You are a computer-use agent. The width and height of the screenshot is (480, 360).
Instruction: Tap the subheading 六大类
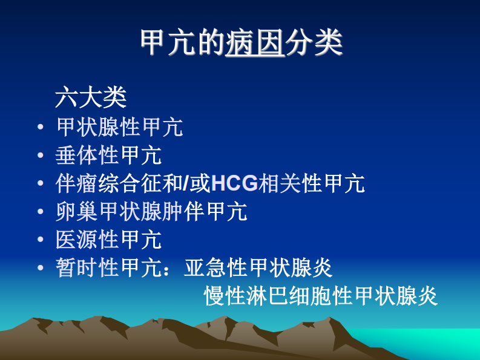pyautogui.click(x=90, y=97)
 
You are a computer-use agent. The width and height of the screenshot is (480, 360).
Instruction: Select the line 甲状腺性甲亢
pyautogui.click(x=119, y=127)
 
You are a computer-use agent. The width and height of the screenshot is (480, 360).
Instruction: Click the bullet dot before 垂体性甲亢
pyautogui.click(x=40, y=155)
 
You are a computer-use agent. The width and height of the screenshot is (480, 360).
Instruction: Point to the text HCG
pyautogui.click(x=235, y=183)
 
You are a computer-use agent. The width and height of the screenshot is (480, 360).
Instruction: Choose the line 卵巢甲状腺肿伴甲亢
pyautogui.click(x=151, y=212)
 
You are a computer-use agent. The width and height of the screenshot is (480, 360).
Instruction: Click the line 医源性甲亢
pyautogui.click(x=108, y=240)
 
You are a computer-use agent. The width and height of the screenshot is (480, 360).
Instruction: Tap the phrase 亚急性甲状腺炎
pyautogui.click(x=258, y=268)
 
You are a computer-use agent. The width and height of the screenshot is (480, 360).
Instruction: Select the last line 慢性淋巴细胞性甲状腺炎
pyautogui.click(x=321, y=296)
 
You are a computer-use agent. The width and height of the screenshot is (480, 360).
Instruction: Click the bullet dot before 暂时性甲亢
pyautogui.click(x=40, y=268)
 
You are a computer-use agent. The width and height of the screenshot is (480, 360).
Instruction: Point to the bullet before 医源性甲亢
pyautogui.click(x=40, y=240)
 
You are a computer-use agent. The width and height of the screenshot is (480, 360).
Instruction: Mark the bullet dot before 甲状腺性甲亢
pyautogui.click(x=40, y=128)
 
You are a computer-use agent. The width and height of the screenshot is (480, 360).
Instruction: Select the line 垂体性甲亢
pyautogui.click(x=108, y=155)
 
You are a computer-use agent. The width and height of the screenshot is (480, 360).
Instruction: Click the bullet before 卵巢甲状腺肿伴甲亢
pyautogui.click(x=40, y=212)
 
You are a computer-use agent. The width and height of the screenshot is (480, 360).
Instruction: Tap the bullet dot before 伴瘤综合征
pyautogui.click(x=40, y=184)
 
